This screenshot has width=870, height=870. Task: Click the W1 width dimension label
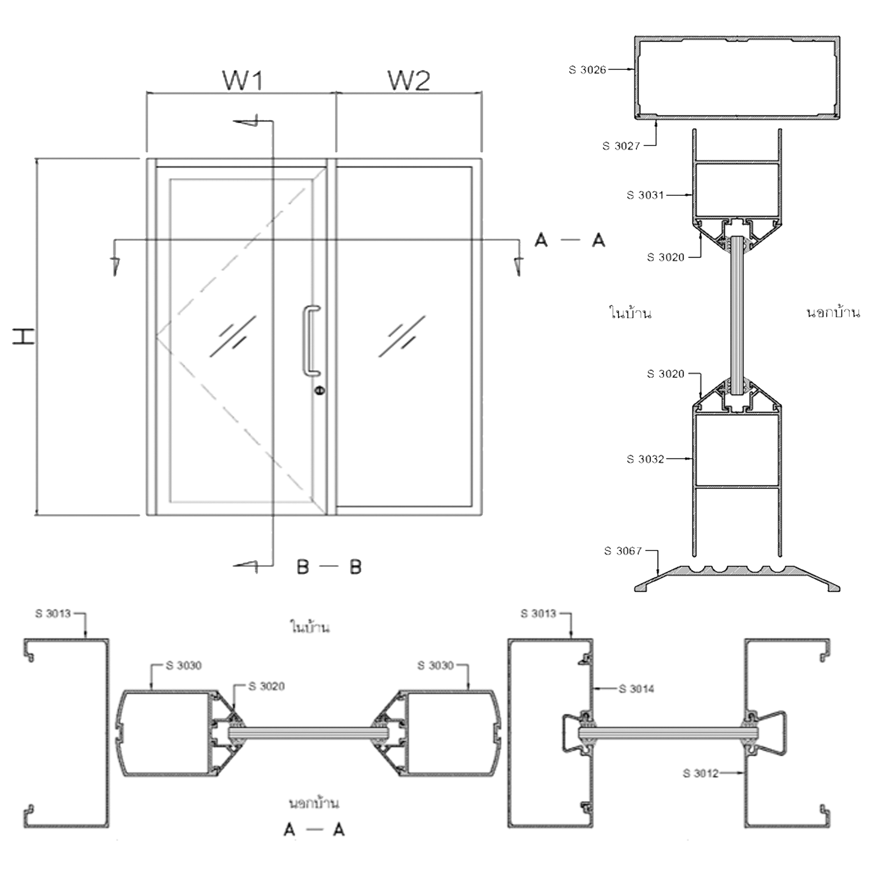tap(243, 80)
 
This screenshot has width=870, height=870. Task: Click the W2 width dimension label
tap(409, 80)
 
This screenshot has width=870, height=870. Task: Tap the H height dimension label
tap(24, 337)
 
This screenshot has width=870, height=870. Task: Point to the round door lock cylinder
tap(319, 390)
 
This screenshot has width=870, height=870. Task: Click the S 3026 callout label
tap(587, 70)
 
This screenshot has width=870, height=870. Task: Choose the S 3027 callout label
tap(621, 146)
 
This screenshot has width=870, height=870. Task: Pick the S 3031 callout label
tap(645, 195)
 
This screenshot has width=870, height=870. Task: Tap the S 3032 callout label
tap(645, 459)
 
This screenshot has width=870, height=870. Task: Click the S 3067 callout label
tap(623, 551)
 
